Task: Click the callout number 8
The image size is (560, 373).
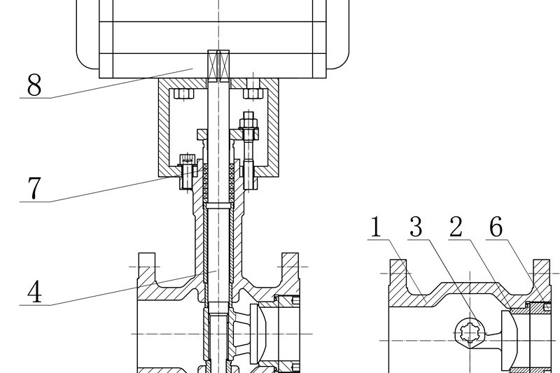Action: click(x=34, y=85)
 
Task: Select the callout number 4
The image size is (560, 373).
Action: click(x=34, y=291)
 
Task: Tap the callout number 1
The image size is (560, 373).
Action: click(x=377, y=228)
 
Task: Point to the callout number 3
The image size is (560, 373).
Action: click(x=417, y=228)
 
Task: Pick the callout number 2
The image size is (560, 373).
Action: click(x=456, y=228)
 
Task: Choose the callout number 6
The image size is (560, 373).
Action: click(x=496, y=228)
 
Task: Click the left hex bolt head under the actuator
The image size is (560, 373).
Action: click(x=184, y=92)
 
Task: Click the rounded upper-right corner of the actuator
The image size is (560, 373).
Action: click(x=340, y=62)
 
